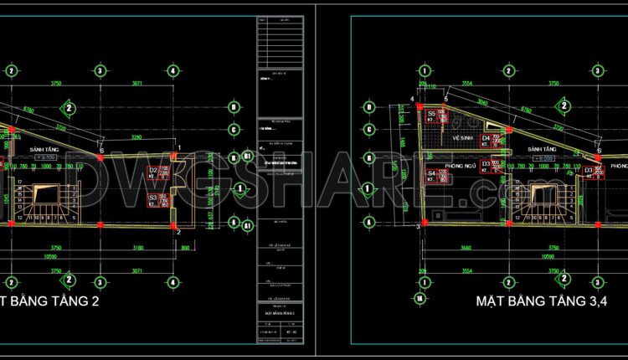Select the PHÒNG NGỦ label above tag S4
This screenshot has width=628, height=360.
click(x=461, y=166)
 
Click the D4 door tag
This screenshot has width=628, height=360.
click(x=486, y=138)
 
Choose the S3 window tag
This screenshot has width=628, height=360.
click(x=152, y=198)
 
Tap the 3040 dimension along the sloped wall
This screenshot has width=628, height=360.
click(x=482, y=101)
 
